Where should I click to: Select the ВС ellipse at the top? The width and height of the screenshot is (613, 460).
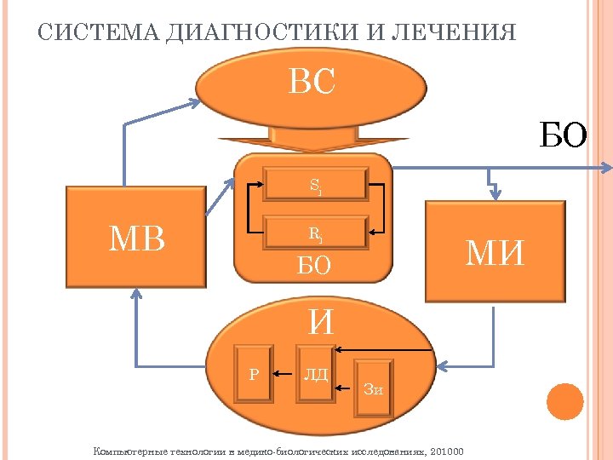coord(312,84)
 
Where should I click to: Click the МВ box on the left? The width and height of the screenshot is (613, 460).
coord(137,240)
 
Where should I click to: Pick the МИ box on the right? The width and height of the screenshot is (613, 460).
coord(496,251)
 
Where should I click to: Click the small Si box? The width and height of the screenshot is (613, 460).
coord(315,185)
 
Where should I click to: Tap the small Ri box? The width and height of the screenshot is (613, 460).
coord(315,232)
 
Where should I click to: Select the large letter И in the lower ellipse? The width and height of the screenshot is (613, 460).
coord(321,322)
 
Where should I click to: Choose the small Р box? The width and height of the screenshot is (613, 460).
coord(255,372)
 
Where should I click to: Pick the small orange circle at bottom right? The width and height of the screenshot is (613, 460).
coord(564,402)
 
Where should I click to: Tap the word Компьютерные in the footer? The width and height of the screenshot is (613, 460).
coord(129,450)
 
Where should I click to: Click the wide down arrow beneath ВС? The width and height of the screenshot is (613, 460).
coord(312,138)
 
